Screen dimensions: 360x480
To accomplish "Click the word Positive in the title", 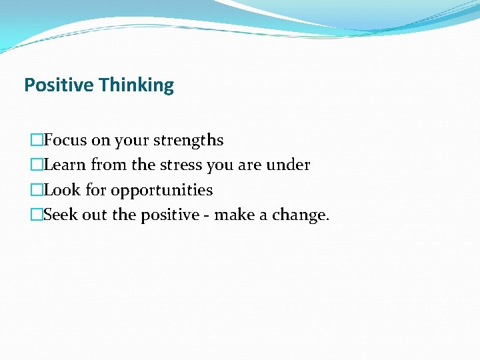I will [59, 85].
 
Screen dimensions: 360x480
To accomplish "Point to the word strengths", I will [189, 141].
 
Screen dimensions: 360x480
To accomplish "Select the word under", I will [289, 165].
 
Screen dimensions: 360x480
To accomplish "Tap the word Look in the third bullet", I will [62, 190].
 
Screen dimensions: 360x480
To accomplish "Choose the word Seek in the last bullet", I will [61, 215].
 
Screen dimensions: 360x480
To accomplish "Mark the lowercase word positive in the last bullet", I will [168, 215].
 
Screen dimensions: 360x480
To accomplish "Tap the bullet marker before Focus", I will [37, 141].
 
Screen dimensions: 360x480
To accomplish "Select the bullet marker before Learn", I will [37, 165].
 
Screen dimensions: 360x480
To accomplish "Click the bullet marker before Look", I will [37, 190].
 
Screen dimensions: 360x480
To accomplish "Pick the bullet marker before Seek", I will [37, 215].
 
